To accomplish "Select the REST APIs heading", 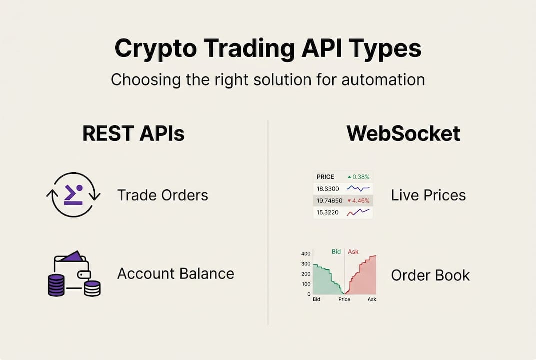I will (133, 134).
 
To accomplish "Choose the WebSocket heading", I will (403, 134).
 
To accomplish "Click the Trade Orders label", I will (162, 195).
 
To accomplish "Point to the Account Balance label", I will (175, 274).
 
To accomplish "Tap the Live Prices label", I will (428, 195).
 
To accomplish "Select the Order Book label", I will (430, 275).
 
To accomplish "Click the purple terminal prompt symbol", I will (73, 194).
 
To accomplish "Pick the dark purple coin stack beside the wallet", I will (56, 285).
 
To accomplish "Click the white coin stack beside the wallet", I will (92, 288).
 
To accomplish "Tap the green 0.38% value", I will (360, 177).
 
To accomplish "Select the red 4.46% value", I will (360, 201).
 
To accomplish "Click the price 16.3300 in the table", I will (328, 189).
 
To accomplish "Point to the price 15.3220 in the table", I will (328, 213).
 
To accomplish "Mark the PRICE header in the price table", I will (325, 177).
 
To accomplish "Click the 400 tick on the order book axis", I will (306, 254).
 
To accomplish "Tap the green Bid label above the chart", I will (336, 252).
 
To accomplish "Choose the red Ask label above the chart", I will (353, 252).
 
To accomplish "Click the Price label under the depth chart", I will (344, 299).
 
